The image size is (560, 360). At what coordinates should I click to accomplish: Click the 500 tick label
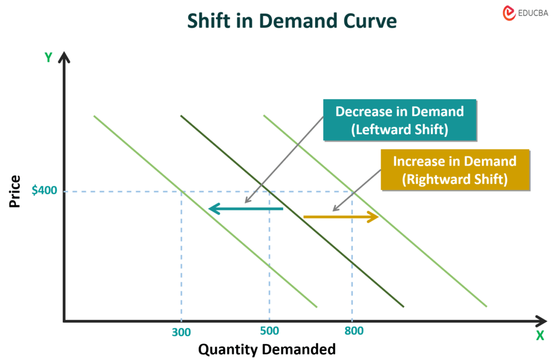pos(269,331)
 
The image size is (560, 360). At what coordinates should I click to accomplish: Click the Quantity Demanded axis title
pos(266,349)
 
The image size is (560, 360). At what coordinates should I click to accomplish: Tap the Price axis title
pos(15,191)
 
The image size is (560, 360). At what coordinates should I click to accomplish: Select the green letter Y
pos(48,57)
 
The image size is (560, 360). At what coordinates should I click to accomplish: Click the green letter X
pos(540,335)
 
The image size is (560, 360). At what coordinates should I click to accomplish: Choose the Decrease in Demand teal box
pos(399,120)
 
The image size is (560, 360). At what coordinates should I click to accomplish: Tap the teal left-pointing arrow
pos(246,208)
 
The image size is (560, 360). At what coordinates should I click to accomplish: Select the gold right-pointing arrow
pos(341,217)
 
